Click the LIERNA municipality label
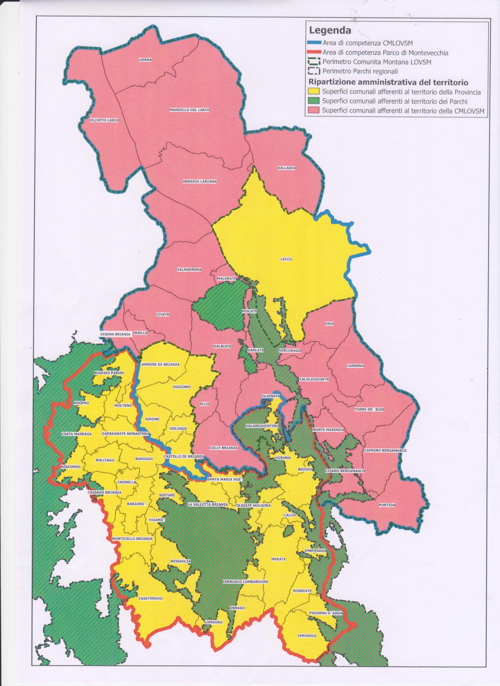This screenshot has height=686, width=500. pos(145,60)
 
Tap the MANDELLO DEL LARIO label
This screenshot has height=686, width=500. pos(189,110)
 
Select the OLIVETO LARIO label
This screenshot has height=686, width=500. pos(104,120)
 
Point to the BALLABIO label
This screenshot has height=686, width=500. pos(286,168)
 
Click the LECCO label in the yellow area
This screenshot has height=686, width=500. pos(286,259)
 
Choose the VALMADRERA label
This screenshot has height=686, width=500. pos(189,270)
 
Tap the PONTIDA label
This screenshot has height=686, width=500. pos(387,505)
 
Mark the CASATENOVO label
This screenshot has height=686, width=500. pos(150,598)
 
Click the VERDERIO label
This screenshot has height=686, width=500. pos(306,636)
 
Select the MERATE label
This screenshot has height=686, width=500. pos(278,559)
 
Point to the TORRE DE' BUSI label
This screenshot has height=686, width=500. pos(369,409)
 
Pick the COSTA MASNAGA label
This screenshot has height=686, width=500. pos(77,434)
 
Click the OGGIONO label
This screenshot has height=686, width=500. pos(181,387)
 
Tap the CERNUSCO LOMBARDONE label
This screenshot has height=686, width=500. pos(245,582)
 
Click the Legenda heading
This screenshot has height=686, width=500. pos(330,30)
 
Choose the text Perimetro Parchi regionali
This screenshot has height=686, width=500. pos(360,71)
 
